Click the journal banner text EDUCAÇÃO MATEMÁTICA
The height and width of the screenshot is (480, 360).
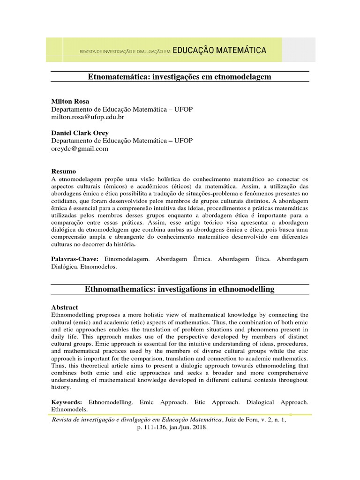pos(219,50)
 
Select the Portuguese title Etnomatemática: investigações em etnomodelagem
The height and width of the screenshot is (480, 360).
pos(180,76)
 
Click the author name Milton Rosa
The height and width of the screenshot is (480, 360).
pos(70,101)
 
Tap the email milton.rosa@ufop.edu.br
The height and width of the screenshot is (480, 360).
pos(87,117)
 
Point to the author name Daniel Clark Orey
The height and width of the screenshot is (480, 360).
pos(80,133)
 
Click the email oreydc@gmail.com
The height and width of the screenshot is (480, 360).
pos(79,149)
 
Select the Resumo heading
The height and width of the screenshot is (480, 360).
pos(63,172)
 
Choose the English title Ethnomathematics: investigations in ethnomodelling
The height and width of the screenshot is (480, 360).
pos(180,289)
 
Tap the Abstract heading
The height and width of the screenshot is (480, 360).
pos(65,307)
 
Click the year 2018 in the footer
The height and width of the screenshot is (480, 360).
pos(199,427)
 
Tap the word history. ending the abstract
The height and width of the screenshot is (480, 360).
pos(61,388)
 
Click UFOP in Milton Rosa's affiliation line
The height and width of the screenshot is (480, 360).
pos(183,109)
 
